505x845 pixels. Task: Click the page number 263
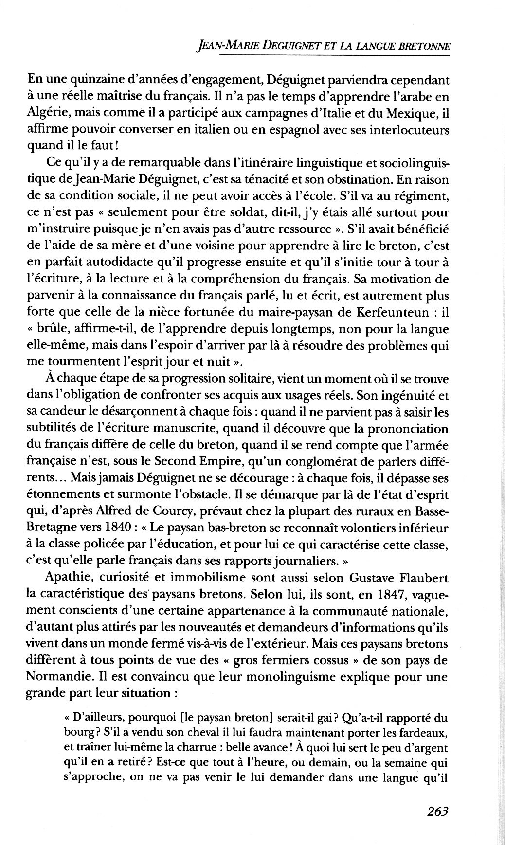437,811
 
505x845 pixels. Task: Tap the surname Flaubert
422,578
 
